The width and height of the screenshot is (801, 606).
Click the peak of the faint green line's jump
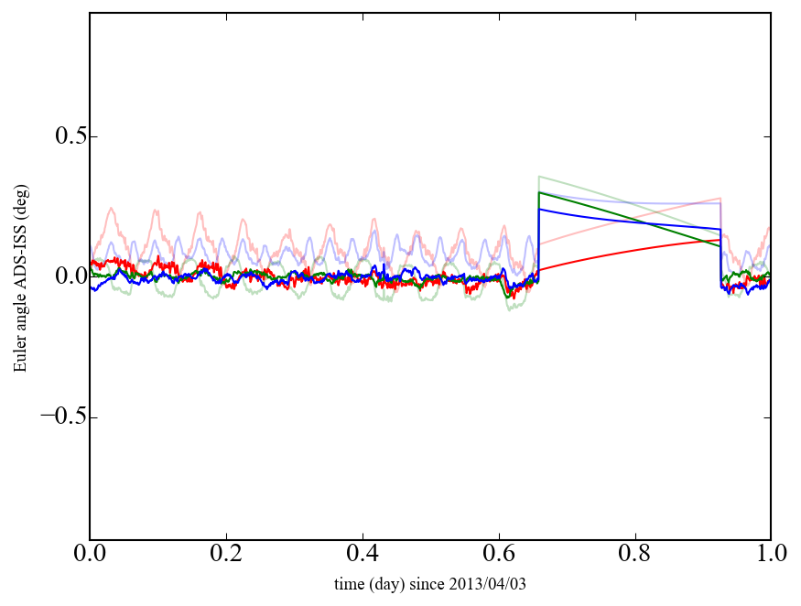(539, 176)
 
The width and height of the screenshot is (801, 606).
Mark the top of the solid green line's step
(539, 192)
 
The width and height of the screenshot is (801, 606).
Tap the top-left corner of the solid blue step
(539, 209)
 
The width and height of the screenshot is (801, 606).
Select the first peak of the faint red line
(112, 209)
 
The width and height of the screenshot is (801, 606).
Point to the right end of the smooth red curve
(720, 240)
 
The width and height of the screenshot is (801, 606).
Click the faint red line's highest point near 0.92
(720, 198)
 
